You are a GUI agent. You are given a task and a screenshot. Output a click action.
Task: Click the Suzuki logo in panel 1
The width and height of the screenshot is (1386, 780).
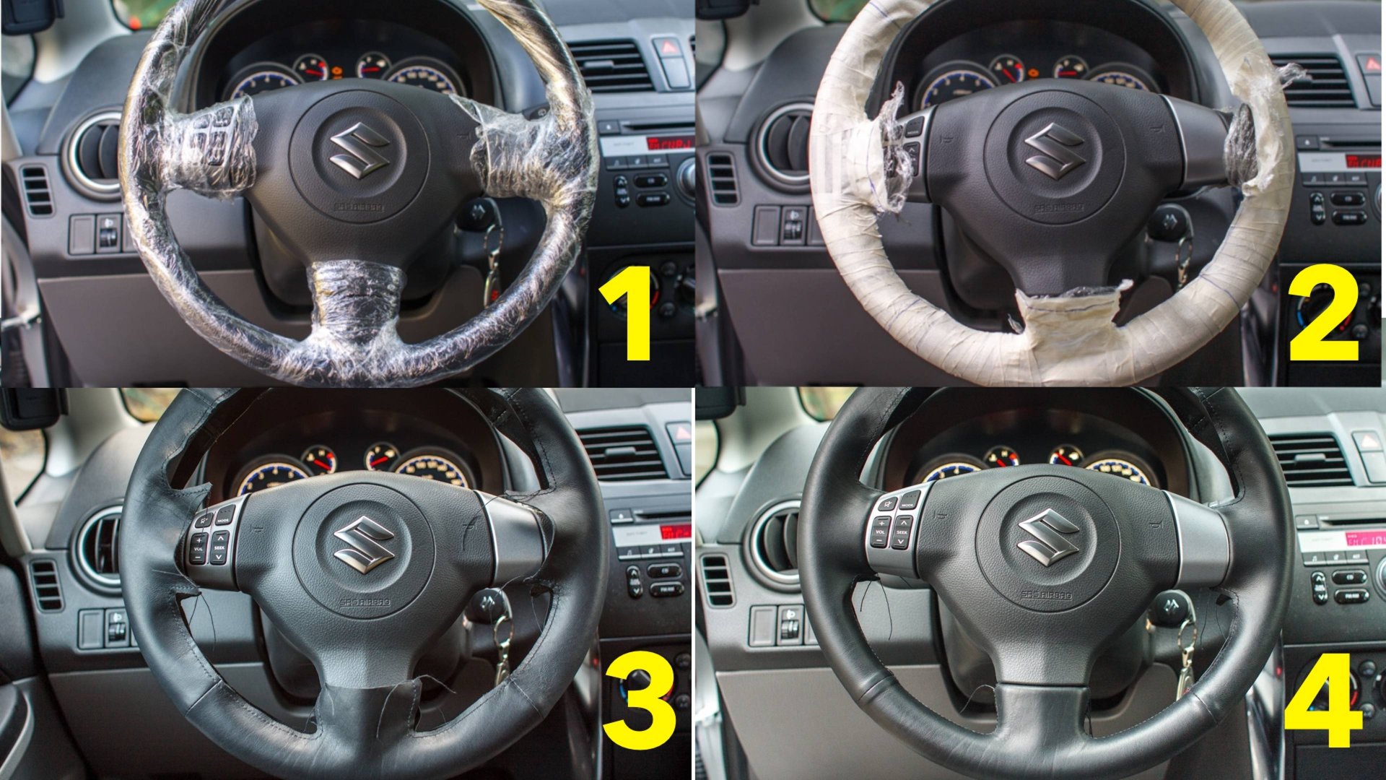click(x=359, y=148)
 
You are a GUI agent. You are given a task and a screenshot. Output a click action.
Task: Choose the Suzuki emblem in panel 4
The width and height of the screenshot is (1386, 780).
click(x=1047, y=535)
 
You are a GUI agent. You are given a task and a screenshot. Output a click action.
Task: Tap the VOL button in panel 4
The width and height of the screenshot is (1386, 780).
click(x=880, y=532)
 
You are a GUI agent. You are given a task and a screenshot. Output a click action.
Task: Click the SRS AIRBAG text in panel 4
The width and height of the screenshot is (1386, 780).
click(x=1046, y=596)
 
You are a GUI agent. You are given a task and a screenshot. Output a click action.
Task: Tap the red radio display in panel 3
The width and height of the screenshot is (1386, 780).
click(x=673, y=533)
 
